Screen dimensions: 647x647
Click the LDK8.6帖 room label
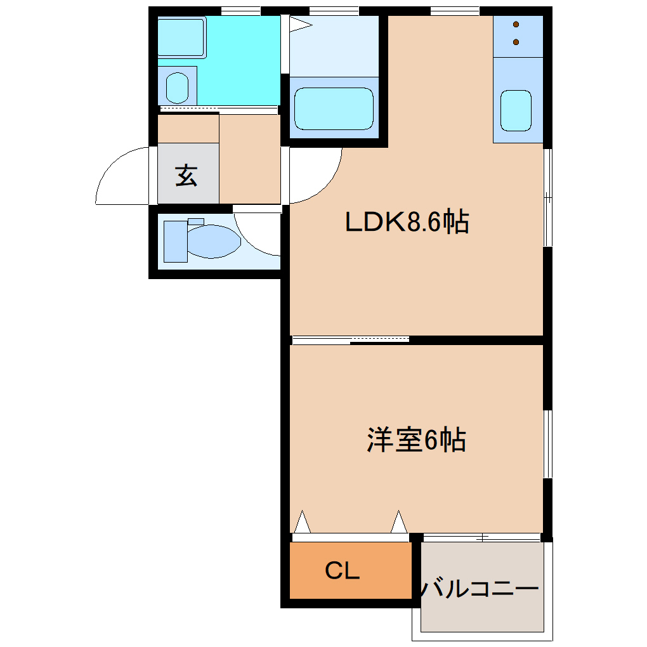point(406,222)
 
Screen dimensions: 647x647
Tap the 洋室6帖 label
point(416,440)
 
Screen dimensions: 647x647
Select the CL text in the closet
point(343,571)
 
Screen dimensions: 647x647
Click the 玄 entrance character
point(186,174)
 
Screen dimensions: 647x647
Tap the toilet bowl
point(213,242)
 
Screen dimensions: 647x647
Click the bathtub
point(334,108)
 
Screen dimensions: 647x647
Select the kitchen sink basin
point(516,110)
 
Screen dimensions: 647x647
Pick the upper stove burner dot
point(516,25)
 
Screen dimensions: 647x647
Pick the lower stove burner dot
point(516,42)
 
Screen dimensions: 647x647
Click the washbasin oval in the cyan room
point(177,88)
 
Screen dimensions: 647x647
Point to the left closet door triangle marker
point(303,523)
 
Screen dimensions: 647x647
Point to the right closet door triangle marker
point(398,523)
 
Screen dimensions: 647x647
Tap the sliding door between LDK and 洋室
point(350,339)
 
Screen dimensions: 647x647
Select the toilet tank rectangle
point(176,241)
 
